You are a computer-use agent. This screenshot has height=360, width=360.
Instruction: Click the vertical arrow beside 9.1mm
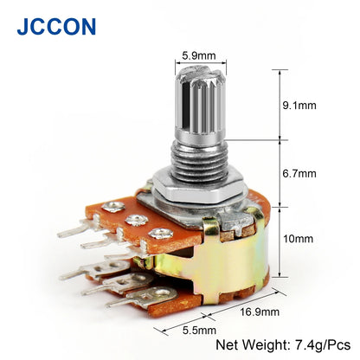tap(279, 104)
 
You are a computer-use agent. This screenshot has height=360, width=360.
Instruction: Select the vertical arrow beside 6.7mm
tap(279, 173)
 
